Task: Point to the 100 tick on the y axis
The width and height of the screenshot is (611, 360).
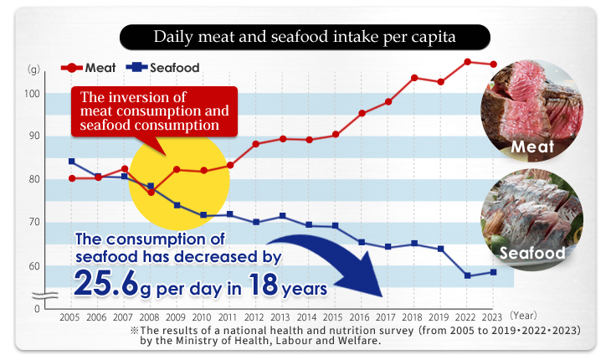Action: tap(32, 94)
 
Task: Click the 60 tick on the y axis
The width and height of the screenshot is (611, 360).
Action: tap(33, 266)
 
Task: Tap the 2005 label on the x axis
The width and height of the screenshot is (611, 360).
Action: tap(71, 318)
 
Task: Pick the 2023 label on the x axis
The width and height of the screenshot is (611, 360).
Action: tap(494, 318)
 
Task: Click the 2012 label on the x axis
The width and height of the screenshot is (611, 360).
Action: tap(255, 318)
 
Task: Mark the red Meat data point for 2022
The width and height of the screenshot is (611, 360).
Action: tap(467, 62)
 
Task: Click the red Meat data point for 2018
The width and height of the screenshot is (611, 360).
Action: tap(414, 78)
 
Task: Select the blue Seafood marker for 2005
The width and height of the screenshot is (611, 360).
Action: tap(71, 161)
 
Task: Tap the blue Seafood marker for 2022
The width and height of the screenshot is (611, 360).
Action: tap(467, 275)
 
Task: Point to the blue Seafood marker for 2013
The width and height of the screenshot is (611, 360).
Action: tap(283, 216)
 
